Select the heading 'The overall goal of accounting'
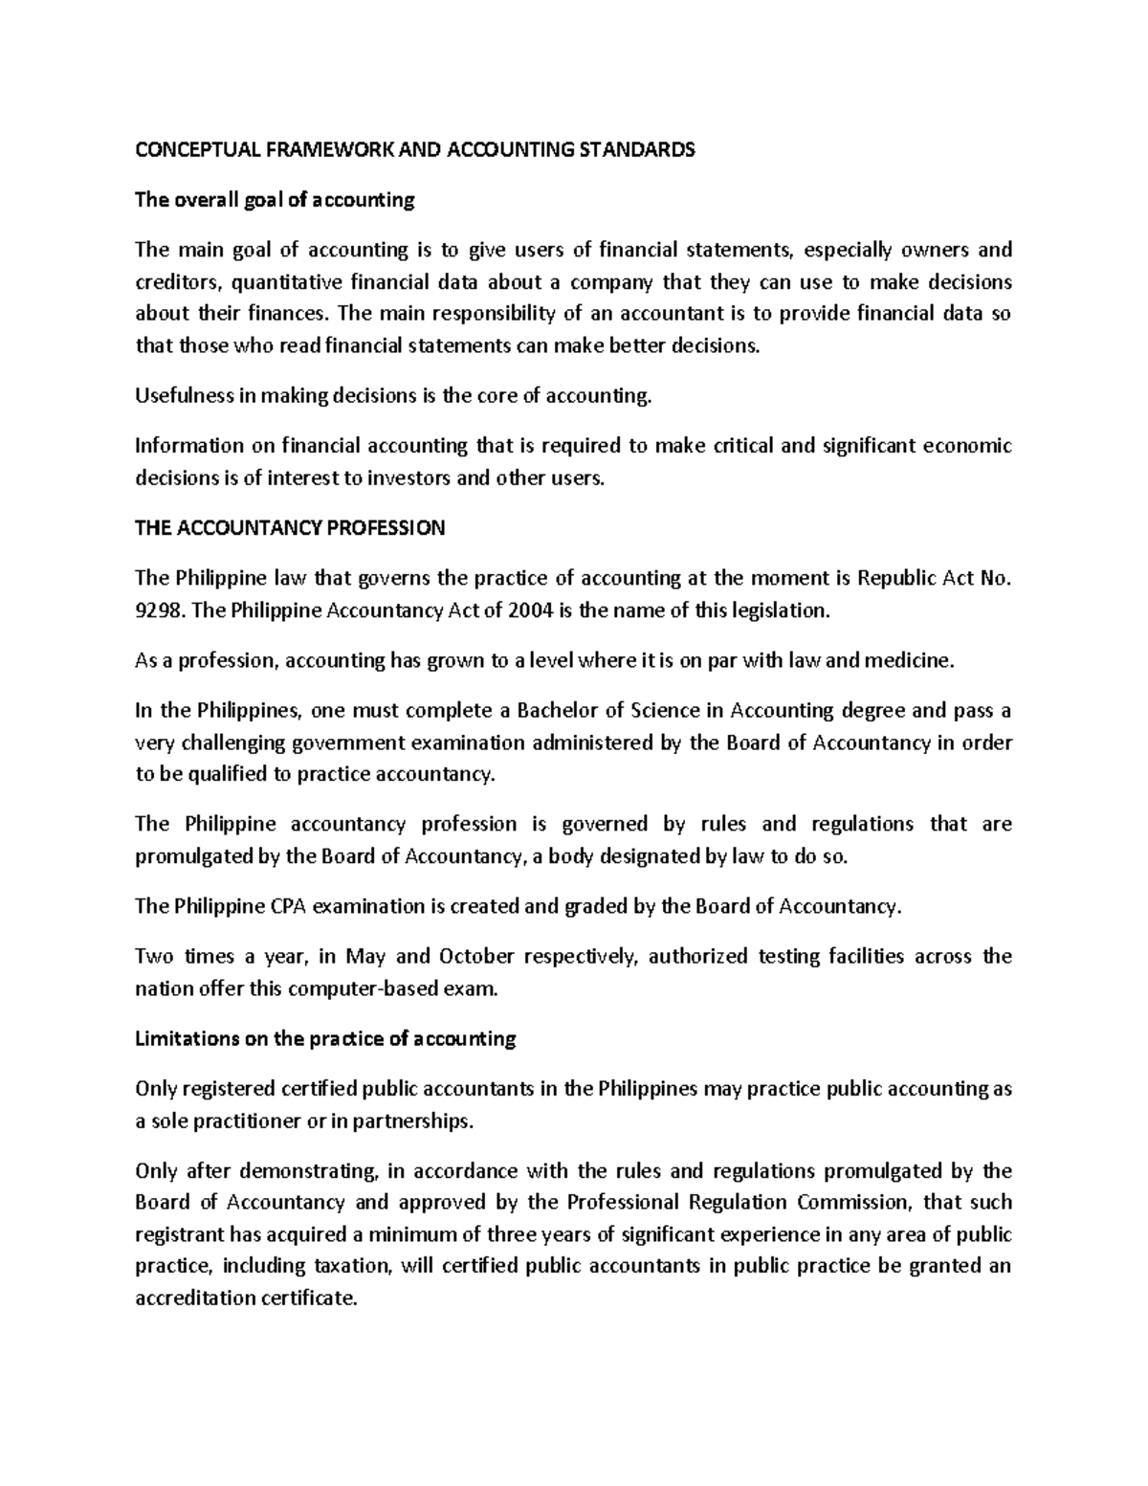coord(275,200)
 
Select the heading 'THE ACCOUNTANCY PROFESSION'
coord(290,528)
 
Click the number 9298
coord(159,610)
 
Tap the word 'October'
coord(476,956)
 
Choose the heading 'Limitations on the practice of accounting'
coord(325,1038)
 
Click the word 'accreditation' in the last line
coord(195,1299)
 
